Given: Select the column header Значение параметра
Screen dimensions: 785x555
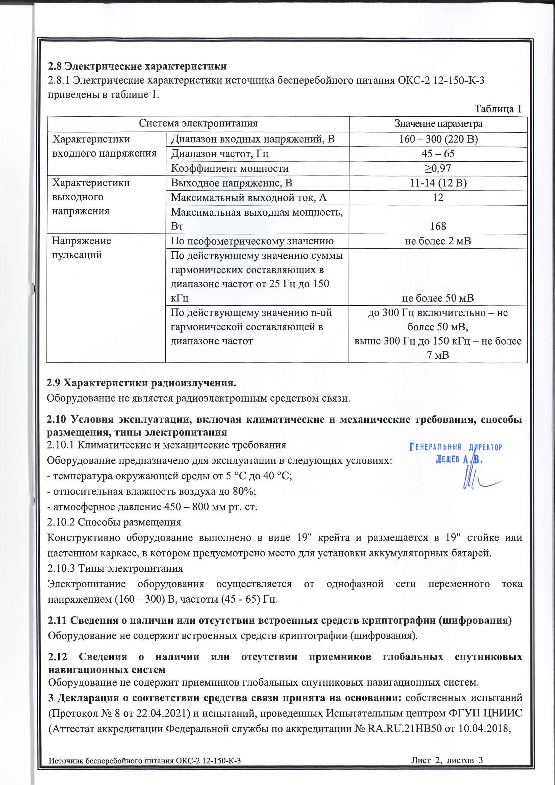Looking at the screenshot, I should [x=438, y=124].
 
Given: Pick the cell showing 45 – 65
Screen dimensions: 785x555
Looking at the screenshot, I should [x=438, y=154].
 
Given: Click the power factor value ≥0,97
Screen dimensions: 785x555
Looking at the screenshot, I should [x=438, y=168].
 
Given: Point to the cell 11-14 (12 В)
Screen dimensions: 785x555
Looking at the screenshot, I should [x=438, y=183].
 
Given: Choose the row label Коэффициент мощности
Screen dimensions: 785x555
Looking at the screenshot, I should [x=230, y=168].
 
